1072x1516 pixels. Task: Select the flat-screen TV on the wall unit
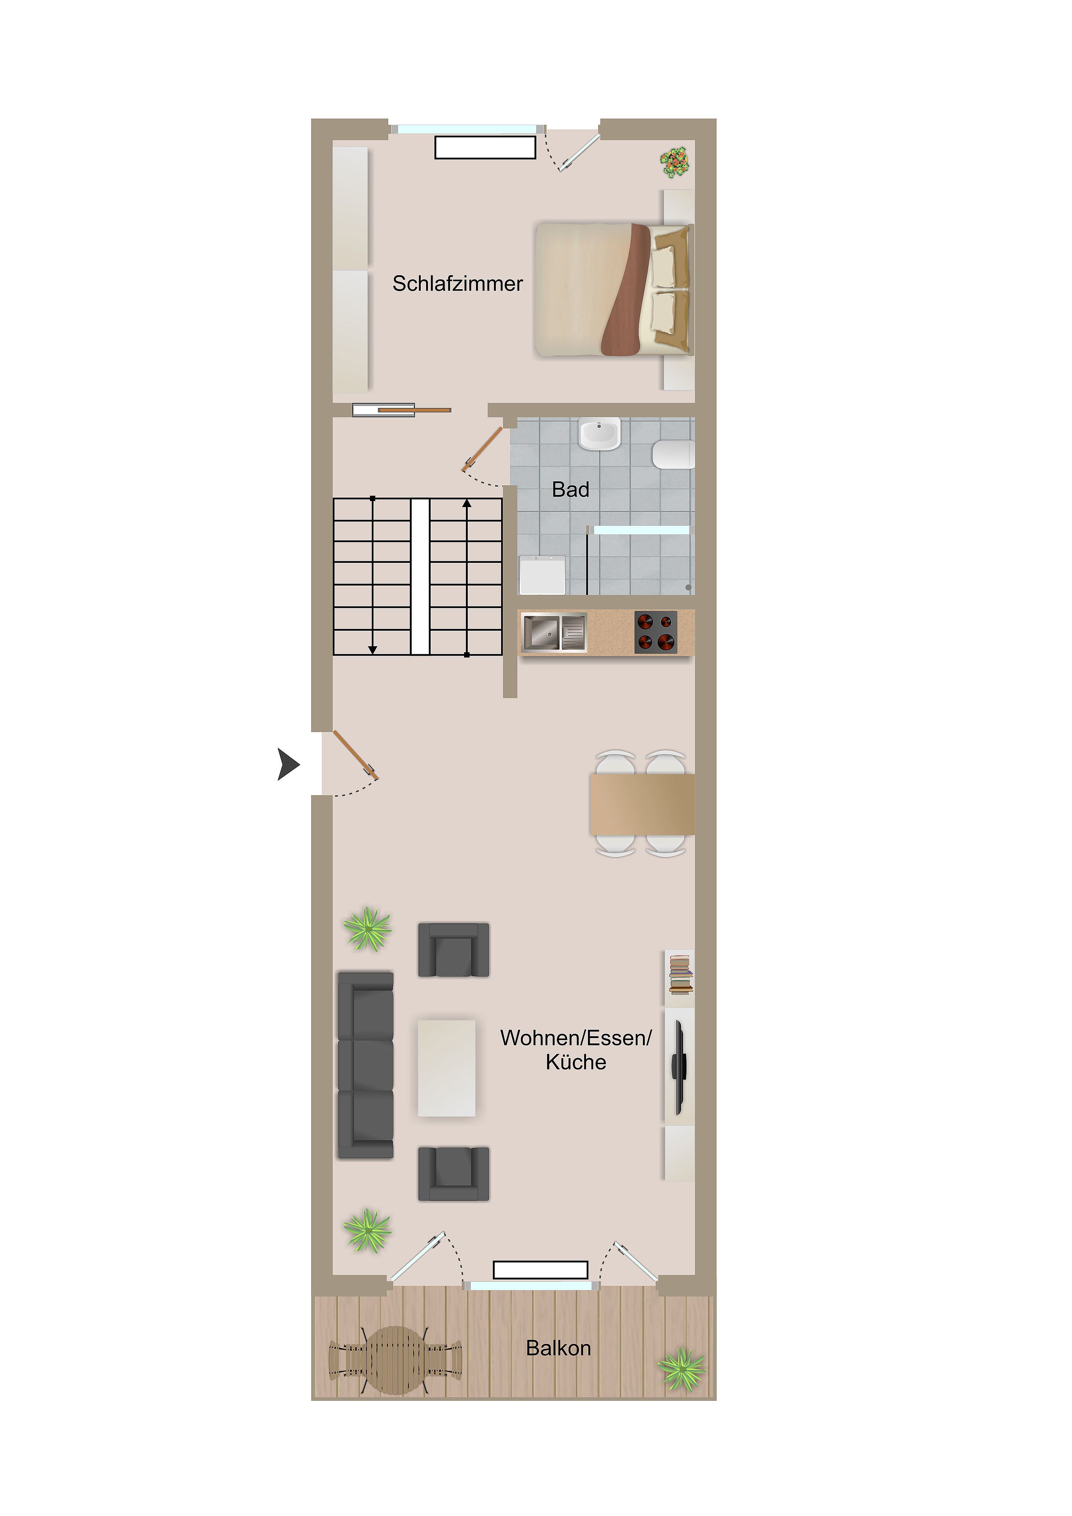point(678,1068)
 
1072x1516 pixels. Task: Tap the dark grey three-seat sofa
point(365,1065)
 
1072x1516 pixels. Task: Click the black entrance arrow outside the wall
point(288,764)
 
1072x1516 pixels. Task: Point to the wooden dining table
point(642,804)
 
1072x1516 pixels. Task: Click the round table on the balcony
point(395,1360)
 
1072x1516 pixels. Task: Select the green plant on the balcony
point(682,1369)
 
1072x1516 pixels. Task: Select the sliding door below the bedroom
point(401,410)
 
